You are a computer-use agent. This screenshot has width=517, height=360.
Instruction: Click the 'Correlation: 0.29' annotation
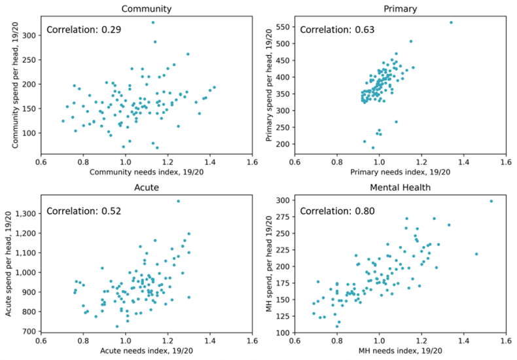[83, 30]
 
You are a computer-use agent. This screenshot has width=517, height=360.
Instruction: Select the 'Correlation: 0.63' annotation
[336, 30]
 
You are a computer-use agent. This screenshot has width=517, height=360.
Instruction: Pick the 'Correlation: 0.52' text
[83, 211]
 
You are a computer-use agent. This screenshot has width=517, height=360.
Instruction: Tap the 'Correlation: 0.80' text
[336, 211]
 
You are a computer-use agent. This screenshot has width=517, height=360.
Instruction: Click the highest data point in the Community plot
[153, 22]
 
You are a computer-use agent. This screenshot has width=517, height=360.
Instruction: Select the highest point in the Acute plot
[178, 201]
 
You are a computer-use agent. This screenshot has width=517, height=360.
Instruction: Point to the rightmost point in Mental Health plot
[491, 201]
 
